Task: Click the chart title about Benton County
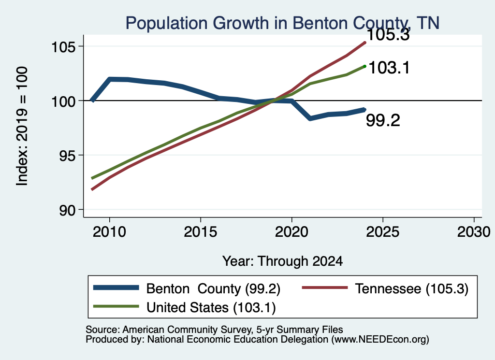(282, 23)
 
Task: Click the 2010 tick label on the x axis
(110, 232)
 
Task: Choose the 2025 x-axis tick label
(383, 232)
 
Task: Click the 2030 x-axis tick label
(474, 232)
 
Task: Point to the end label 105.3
(389, 35)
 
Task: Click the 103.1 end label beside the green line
(389, 68)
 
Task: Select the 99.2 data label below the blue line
(383, 120)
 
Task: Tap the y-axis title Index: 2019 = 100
(22, 126)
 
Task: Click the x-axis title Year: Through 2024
(282, 261)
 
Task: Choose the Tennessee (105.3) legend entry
(385, 288)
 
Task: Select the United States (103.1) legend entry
(185, 307)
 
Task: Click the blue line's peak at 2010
(110, 79)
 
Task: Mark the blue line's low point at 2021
(310, 118)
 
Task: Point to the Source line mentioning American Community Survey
(214, 330)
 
